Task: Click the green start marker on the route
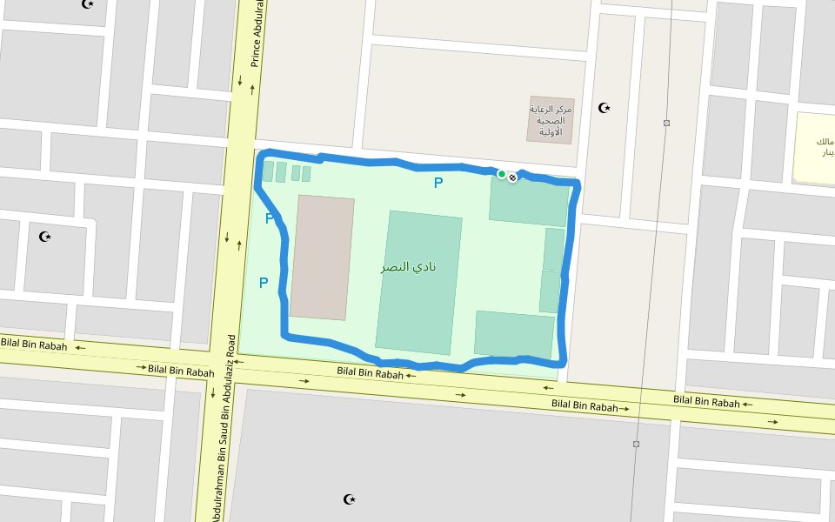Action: pyautogui.click(x=502, y=174)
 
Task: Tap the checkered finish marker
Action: pyautogui.click(x=513, y=177)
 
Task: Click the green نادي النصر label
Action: pyautogui.click(x=408, y=266)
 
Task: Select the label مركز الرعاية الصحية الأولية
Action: pyautogui.click(x=550, y=121)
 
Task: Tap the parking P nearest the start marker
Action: pyautogui.click(x=438, y=183)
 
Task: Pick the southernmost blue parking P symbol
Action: pyautogui.click(x=263, y=283)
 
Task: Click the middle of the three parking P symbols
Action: pyautogui.click(x=270, y=219)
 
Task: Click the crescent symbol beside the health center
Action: pyautogui.click(x=605, y=109)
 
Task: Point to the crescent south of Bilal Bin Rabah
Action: pyautogui.click(x=350, y=499)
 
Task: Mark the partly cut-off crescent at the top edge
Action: pyautogui.click(x=87, y=3)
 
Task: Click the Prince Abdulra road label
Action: pyautogui.click(x=257, y=35)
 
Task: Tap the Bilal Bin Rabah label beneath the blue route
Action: pyautogui.click(x=371, y=374)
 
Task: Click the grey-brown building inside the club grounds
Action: pyautogui.click(x=322, y=258)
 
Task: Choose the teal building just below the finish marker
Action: pyautogui.click(x=528, y=200)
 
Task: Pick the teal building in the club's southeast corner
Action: pyautogui.click(x=514, y=333)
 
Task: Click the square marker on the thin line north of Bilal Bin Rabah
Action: pyautogui.click(x=666, y=123)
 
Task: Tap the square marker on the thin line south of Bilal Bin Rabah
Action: pyautogui.click(x=636, y=445)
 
